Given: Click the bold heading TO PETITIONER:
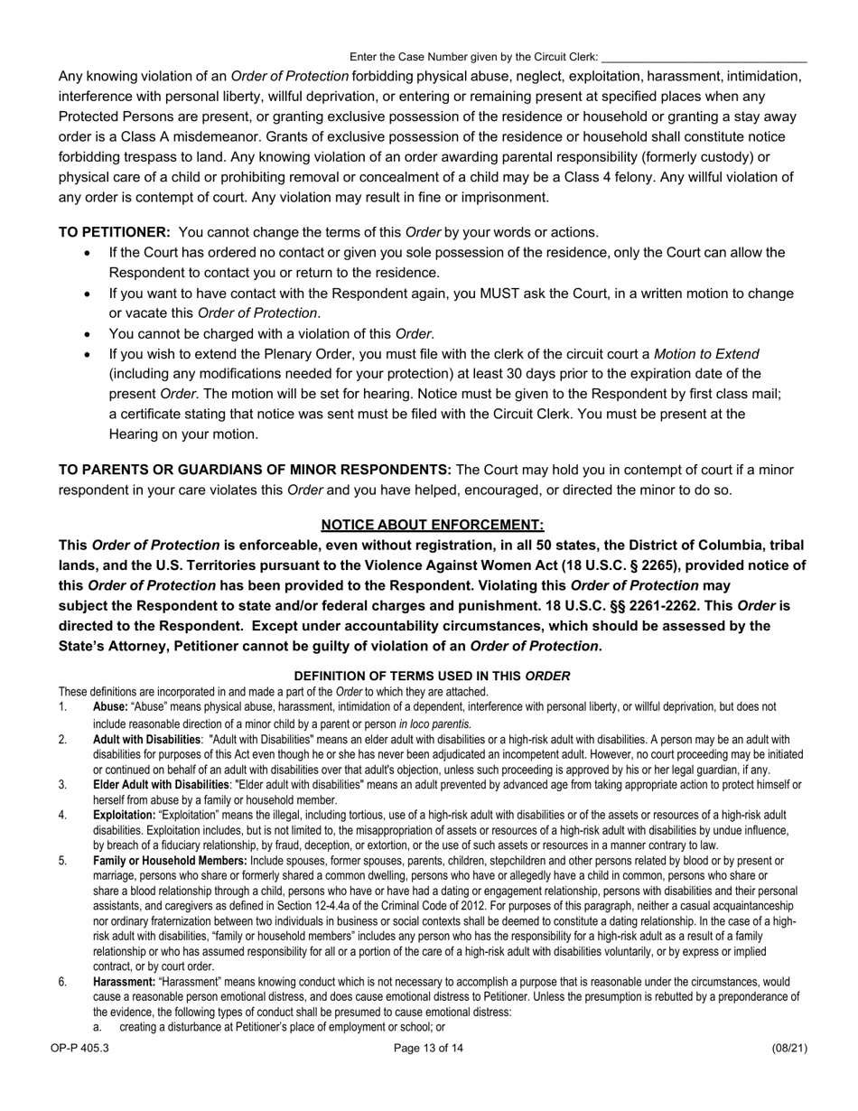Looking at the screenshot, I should pos(115,232).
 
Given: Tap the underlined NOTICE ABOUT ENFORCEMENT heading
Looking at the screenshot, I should pos(433,525).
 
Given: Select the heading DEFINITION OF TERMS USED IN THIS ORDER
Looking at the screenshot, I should pos(433,676).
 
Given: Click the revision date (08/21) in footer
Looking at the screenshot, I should pos(789,1049).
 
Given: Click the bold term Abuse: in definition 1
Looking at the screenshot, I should pos(110,707).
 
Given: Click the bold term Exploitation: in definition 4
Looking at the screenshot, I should pos(124,815).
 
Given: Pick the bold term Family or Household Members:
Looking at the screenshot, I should pos(170,861).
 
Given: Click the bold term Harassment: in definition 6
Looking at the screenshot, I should pos(124,982).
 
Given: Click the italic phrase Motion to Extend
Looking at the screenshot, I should pos(706,353).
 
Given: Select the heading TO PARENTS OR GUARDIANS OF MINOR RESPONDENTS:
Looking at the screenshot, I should pos(255,470).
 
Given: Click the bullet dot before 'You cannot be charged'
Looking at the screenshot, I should pos(87,334).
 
